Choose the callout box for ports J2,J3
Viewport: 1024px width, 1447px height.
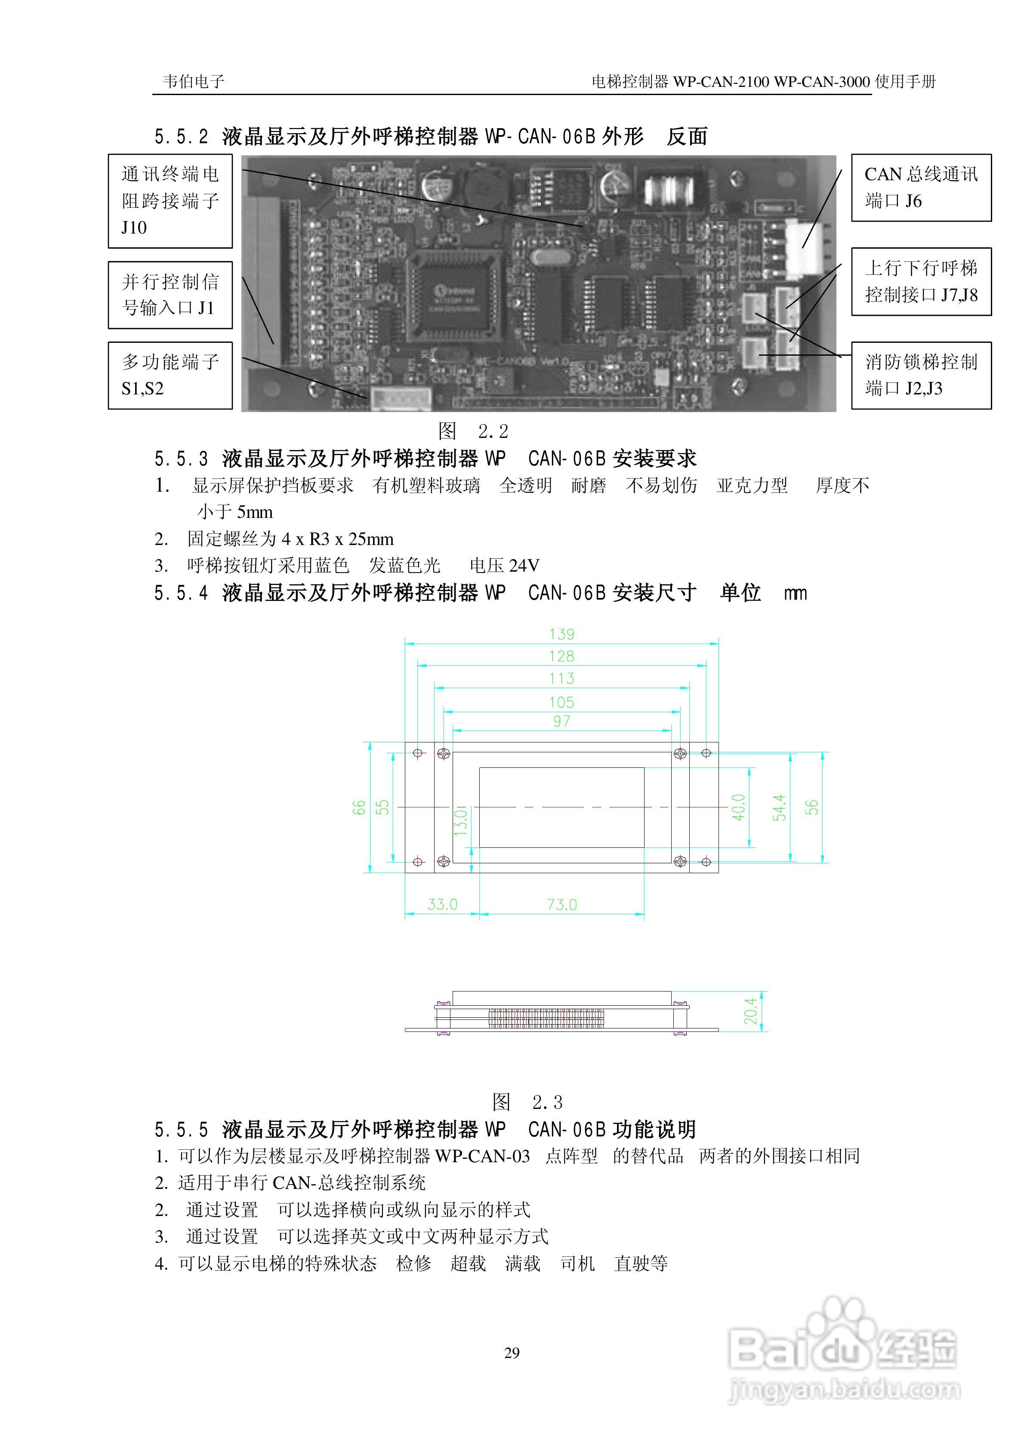921,375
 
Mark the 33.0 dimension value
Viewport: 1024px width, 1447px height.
442,904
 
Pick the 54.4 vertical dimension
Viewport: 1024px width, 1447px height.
780,807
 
